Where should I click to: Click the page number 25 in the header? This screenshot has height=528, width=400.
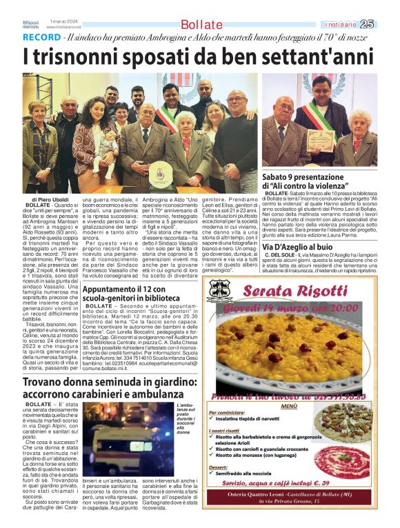(x=386, y=24)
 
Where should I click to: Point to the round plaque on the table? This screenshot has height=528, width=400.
(x=160, y=177)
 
